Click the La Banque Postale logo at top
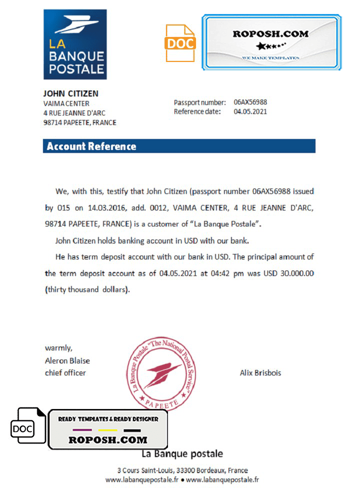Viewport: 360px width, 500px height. click(75, 44)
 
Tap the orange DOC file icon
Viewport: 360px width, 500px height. click(180, 43)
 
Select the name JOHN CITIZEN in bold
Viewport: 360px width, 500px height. click(70, 93)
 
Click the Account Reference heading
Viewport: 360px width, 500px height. click(91, 146)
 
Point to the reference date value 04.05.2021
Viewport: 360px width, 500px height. click(250, 111)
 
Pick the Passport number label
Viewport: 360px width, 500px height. click(200, 102)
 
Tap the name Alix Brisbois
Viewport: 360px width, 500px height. click(260, 373)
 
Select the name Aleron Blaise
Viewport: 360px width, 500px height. click(67, 360)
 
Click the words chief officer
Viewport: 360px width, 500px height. click(65, 372)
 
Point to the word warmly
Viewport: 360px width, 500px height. click(58, 348)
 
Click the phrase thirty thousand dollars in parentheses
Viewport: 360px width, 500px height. click(87, 289)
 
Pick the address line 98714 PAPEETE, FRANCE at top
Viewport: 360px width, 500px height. click(80, 122)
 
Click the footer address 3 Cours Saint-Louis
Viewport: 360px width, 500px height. click(182, 470)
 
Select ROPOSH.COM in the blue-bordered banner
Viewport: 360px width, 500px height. click(270, 34)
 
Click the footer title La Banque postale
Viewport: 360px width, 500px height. click(182, 454)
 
